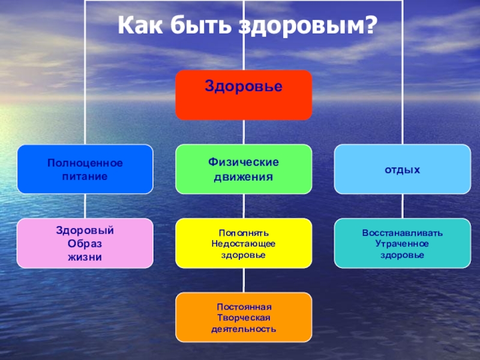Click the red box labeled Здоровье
point(243,95)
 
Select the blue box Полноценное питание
point(85,169)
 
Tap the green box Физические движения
point(243,169)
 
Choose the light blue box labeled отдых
point(402,169)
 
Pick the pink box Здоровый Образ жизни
point(85,243)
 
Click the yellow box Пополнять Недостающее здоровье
point(243,243)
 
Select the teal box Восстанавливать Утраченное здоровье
point(402,243)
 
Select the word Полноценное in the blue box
point(85,163)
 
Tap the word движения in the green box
point(243,177)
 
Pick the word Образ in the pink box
point(85,244)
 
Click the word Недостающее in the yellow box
point(243,244)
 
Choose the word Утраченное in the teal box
point(402,244)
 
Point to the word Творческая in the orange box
point(243,317)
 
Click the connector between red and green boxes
point(243,132)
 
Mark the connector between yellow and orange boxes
point(243,280)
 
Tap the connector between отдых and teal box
point(402,206)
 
